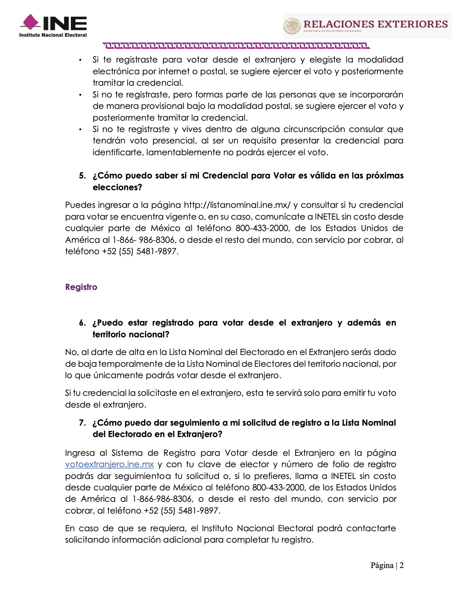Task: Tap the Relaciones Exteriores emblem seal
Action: coord(292,26)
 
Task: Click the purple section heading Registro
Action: coord(81,287)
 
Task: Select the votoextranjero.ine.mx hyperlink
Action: coord(109,464)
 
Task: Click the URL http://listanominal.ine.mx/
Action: coord(237,205)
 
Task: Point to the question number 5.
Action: coord(82,175)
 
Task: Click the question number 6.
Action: coord(82,323)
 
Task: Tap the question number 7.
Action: coord(82,423)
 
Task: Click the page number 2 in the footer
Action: coord(401,565)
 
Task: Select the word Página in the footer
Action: coord(382,565)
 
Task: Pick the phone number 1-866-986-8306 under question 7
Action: coord(162,499)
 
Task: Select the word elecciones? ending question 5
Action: coord(117,187)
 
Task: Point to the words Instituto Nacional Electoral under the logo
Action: coord(53,35)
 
